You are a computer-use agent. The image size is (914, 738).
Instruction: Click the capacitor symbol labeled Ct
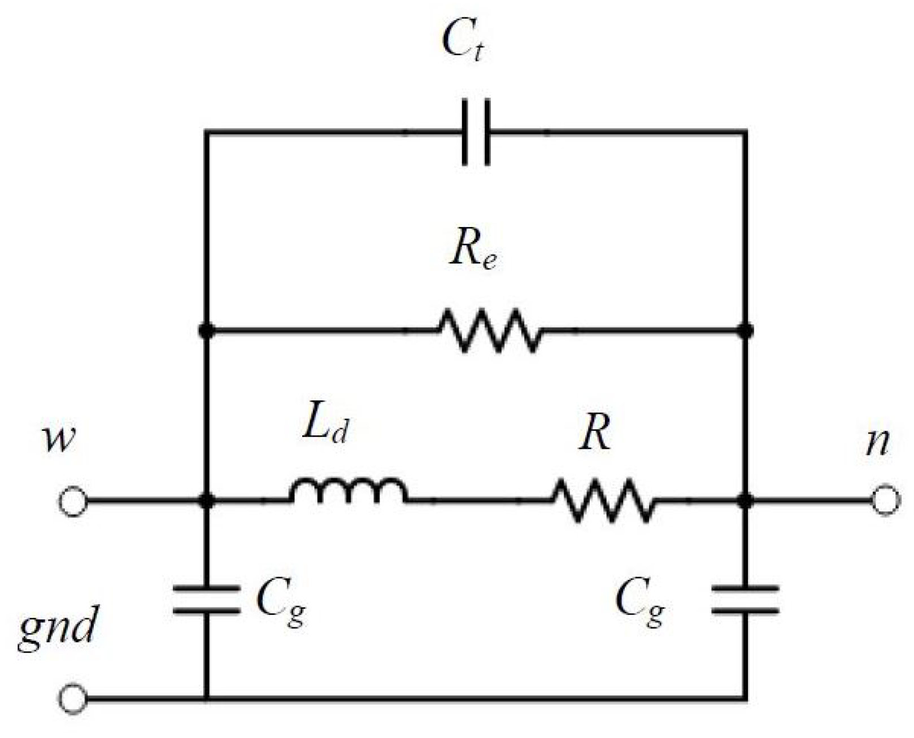click(x=476, y=132)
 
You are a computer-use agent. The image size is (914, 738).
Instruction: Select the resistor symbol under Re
click(x=489, y=330)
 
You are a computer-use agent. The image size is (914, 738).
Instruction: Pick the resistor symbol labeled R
click(x=603, y=500)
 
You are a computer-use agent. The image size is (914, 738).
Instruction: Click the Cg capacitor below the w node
click(x=206, y=600)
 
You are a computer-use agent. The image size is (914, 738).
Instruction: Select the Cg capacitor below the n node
click(x=746, y=600)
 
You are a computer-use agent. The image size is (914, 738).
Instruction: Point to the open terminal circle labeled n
click(x=885, y=500)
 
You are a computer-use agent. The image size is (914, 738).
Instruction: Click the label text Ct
click(x=463, y=42)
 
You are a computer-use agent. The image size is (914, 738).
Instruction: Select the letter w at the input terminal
click(x=59, y=439)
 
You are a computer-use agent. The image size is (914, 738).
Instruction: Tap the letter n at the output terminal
click(x=877, y=442)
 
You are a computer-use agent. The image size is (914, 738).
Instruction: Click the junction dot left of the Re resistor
click(x=207, y=331)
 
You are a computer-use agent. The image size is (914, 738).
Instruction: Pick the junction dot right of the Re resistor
click(x=746, y=331)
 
